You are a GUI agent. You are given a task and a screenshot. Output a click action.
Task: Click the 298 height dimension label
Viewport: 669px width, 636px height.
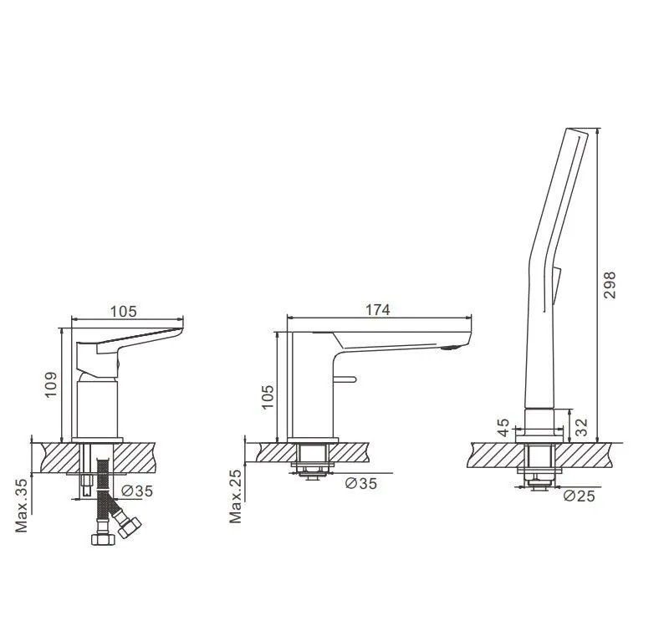[610, 285]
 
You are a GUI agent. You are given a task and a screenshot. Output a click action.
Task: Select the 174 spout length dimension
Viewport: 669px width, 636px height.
[378, 310]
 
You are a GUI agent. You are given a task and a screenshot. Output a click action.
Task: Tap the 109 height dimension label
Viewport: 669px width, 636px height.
[51, 385]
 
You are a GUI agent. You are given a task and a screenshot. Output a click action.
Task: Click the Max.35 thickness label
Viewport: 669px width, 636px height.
[22, 506]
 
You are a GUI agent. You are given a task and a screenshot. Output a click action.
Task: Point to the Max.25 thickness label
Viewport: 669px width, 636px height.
[235, 496]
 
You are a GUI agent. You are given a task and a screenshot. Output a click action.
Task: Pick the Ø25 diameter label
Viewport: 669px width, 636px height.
[579, 496]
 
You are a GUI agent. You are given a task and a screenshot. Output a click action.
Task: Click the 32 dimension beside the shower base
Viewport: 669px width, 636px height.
[581, 427]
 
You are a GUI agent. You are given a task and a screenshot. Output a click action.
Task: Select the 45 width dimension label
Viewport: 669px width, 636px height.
[503, 428]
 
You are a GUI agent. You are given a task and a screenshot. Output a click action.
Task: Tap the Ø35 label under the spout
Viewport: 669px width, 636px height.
[361, 483]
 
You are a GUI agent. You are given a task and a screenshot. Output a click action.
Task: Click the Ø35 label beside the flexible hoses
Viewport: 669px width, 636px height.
[136, 491]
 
